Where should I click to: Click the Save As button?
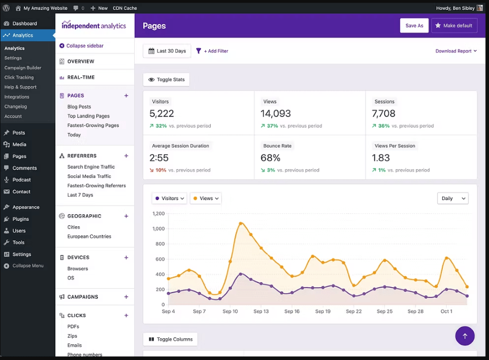pyautogui.click(x=414, y=26)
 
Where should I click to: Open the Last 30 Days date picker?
pyautogui.click(x=167, y=51)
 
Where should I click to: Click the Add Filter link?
pyautogui.click(x=212, y=51)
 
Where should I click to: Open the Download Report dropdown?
pyautogui.click(x=456, y=51)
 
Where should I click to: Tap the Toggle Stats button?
pyautogui.click(x=166, y=79)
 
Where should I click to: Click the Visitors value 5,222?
pyautogui.click(x=162, y=114)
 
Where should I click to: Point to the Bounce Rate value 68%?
pyautogui.click(x=271, y=158)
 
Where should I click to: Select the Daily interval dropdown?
pyautogui.click(x=453, y=198)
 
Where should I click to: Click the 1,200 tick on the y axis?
pyautogui.click(x=158, y=214)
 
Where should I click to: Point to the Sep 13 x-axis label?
pyautogui.click(x=261, y=312)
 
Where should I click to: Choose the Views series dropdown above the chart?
pyautogui.click(x=206, y=198)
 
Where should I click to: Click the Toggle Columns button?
pyautogui.click(x=170, y=339)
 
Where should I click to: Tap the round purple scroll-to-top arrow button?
pyautogui.click(x=465, y=336)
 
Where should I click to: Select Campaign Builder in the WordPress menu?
pyautogui.click(x=23, y=68)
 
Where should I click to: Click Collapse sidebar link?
pyautogui.click(x=81, y=46)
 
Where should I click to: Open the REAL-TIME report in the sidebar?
pyautogui.click(x=80, y=77)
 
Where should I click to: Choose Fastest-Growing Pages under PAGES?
pyautogui.click(x=93, y=126)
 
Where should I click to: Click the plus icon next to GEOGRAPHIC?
pyautogui.click(x=126, y=216)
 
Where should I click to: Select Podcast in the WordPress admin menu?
pyautogui.click(x=22, y=180)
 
